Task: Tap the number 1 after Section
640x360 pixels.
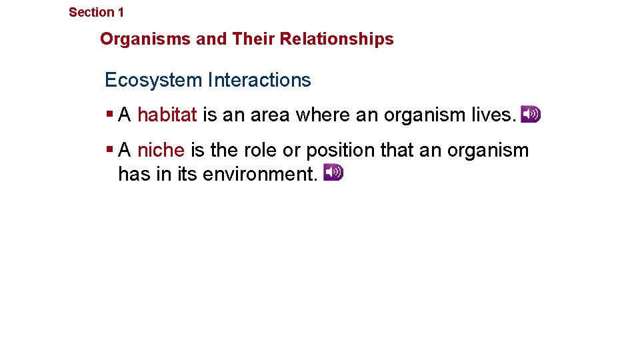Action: point(121,12)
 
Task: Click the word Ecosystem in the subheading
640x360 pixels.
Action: point(153,81)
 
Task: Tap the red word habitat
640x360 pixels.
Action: point(167,115)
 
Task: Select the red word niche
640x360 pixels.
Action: point(160,151)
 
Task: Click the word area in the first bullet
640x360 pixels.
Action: point(271,115)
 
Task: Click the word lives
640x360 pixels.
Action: point(494,115)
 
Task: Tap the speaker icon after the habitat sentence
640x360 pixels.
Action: point(531,114)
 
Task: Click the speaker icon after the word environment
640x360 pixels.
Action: point(333,173)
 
